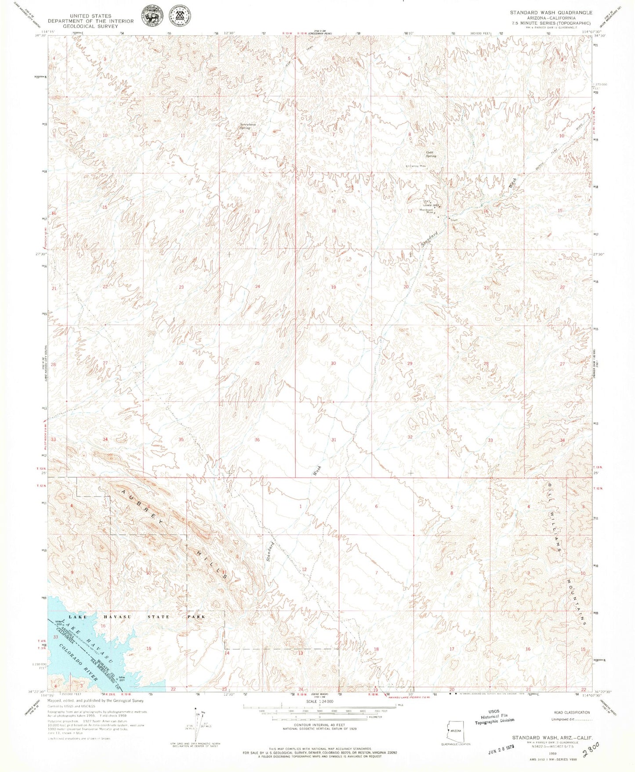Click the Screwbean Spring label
click(248, 126)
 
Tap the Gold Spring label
click(431, 154)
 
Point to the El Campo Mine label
click(416, 166)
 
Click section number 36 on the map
click(257, 440)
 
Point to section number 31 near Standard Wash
click(334, 440)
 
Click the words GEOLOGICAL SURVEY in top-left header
click(83, 26)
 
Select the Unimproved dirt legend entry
click(570, 719)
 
